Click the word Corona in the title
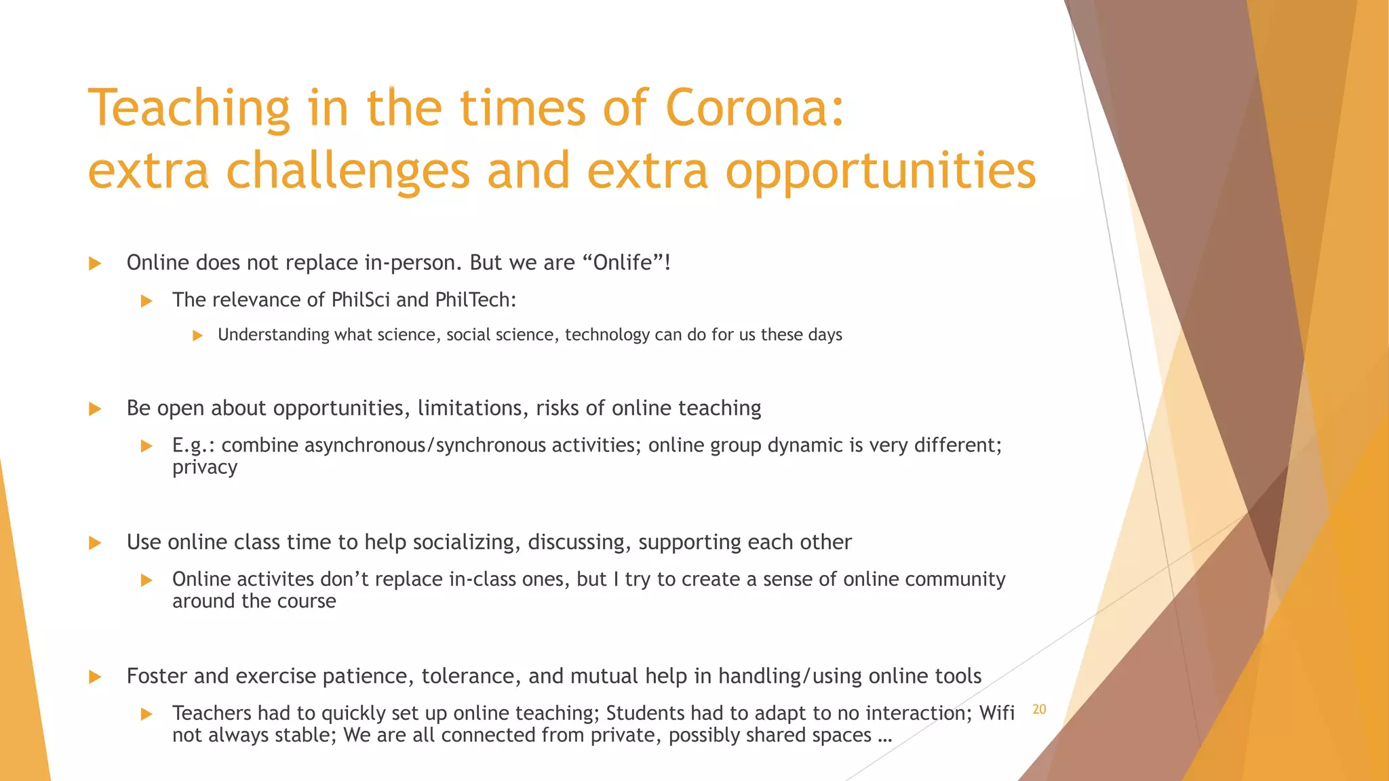tap(754, 108)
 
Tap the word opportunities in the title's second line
tap(880, 172)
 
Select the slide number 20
tap(1039, 709)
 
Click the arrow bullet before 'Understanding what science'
tap(197, 335)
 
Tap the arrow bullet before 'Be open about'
tap(95, 409)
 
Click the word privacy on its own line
tap(204, 468)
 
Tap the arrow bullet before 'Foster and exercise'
tap(95, 677)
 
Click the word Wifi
tap(996, 713)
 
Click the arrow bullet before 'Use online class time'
tap(95, 543)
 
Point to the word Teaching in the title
tap(189, 108)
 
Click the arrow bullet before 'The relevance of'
tap(146, 301)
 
